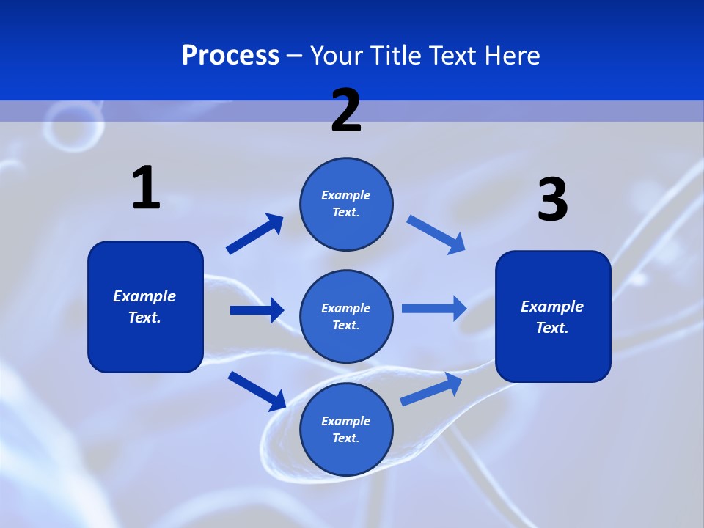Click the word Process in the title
230,55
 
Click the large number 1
146,188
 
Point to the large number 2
346,111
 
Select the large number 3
552,199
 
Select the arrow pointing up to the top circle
254,234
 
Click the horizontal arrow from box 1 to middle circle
257,310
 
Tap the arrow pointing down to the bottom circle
257,391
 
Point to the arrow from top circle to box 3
436,234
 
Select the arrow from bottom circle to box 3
431,389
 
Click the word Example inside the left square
144,296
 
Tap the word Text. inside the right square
552,328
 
